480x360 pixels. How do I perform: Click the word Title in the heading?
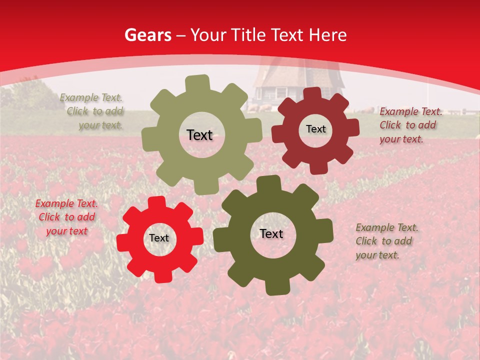[x=248, y=35]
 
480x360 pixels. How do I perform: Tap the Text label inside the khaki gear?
[x=199, y=135]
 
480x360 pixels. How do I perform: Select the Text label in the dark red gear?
[x=315, y=129]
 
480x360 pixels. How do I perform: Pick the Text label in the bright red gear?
[x=159, y=238]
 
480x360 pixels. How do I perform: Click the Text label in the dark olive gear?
[x=271, y=234]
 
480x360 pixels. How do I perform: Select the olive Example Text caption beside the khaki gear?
[x=92, y=111]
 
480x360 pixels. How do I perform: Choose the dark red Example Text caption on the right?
[x=410, y=125]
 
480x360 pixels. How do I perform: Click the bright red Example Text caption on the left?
[x=66, y=217]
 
